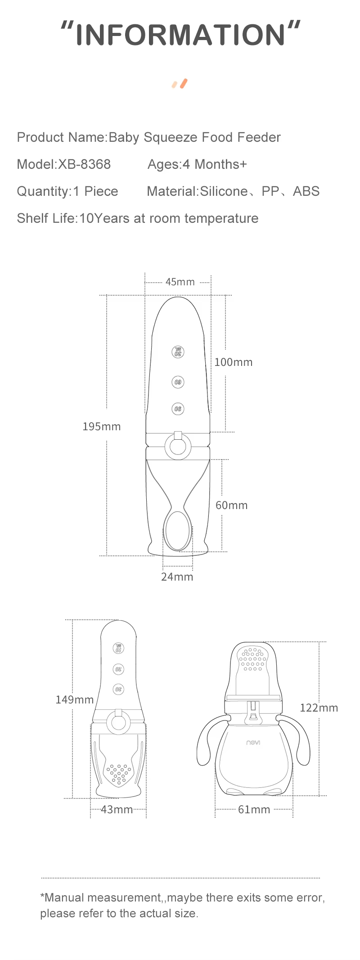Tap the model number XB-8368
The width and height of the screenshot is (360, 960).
tap(84, 164)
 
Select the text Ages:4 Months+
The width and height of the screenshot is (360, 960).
tap(197, 164)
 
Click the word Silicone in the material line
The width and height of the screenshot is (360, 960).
tap(224, 191)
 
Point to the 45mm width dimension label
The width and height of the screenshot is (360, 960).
tap(180, 282)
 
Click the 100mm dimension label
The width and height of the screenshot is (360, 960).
tap(233, 362)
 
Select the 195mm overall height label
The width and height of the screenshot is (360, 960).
tap(102, 427)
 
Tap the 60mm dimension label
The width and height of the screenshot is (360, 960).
tap(231, 505)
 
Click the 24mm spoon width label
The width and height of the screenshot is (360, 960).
tap(177, 577)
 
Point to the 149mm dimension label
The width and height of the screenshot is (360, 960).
tap(75, 700)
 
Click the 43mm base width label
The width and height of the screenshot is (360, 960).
tap(117, 810)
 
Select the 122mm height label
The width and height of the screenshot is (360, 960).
tap(319, 708)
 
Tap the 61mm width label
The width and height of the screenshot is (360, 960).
tap(254, 810)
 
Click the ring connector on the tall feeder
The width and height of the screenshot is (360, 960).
tap(178, 447)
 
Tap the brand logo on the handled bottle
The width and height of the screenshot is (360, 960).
tap(253, 743)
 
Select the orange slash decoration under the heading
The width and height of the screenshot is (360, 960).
tap(180, 84)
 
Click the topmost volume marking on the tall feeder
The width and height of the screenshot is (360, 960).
tap(178, 352)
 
